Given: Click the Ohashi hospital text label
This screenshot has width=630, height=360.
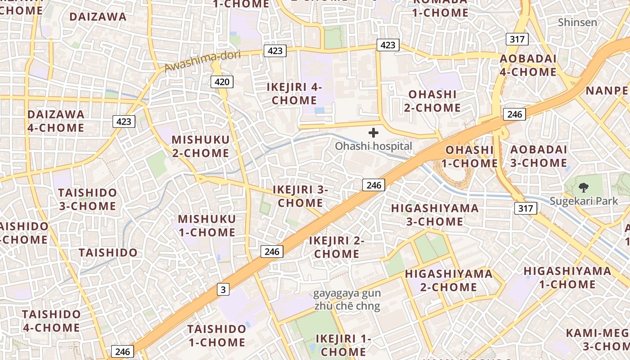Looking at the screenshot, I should pos(373,146).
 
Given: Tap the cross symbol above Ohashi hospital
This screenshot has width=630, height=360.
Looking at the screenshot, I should pos(373,133).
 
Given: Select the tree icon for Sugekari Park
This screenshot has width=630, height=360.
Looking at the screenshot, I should pos(584,188).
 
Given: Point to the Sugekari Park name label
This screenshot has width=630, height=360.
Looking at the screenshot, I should pos(584,201).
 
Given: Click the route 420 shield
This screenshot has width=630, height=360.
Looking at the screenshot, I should pos(222,81).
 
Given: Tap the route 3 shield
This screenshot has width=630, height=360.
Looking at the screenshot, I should pos(223,289).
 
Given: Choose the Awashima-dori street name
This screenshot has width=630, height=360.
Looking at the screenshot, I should pos(202,62).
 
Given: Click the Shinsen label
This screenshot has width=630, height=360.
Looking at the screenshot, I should pos(577,22).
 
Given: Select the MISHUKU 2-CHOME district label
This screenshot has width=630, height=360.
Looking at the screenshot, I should pos(200,146).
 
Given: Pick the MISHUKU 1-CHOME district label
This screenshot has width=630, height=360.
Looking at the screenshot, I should pos(207,226).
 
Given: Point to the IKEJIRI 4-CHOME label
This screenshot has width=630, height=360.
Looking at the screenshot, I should pos(294,94).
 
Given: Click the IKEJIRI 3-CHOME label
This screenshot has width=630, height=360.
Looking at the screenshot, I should pos(300,196).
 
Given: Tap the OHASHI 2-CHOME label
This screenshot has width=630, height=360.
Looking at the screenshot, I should pos(432,101).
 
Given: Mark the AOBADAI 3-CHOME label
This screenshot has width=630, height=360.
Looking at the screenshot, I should pos(539,156).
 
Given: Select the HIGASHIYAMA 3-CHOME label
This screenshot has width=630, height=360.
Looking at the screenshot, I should pos(435,215).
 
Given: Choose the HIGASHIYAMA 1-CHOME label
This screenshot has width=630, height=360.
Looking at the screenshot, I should pos(567,278).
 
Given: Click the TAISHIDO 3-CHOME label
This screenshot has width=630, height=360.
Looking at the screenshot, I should pos(87,199).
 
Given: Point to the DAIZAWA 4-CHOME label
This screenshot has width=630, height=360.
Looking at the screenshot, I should pos(56,121).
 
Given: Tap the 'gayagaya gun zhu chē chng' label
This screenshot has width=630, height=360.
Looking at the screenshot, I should pos(347,300).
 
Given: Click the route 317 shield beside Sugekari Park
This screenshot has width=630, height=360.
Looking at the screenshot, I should pos(525,208).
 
